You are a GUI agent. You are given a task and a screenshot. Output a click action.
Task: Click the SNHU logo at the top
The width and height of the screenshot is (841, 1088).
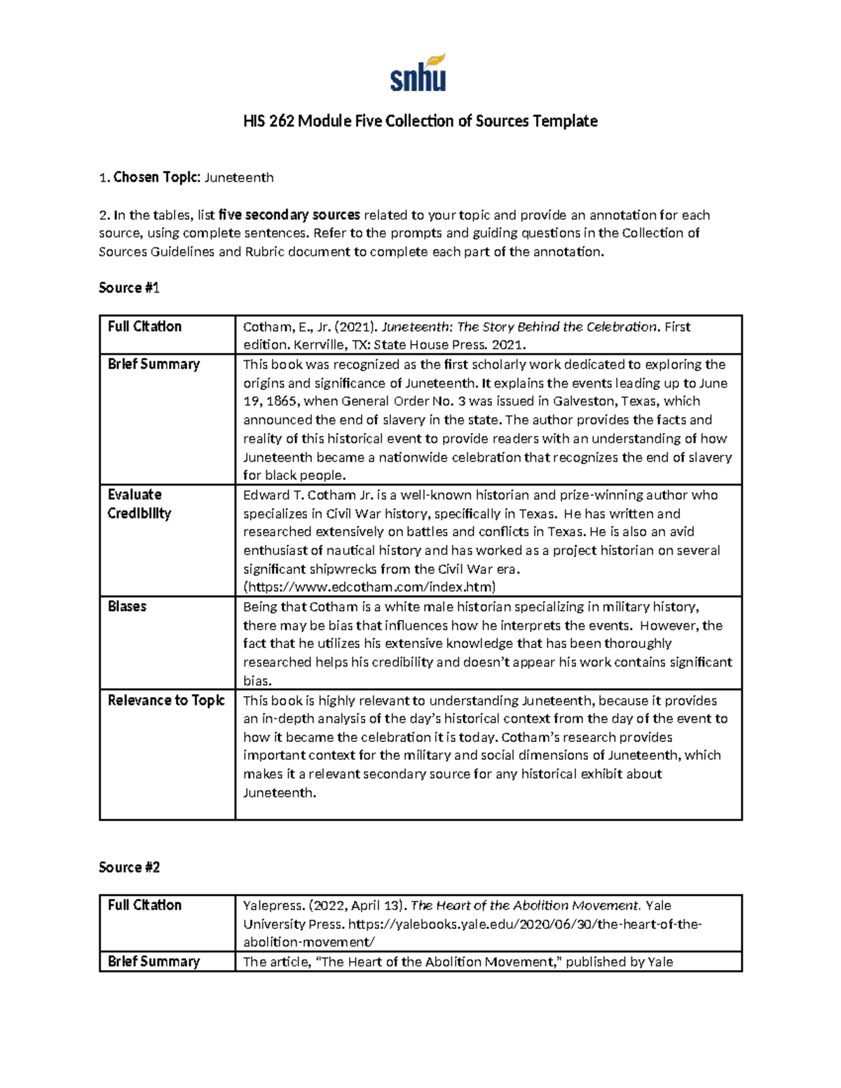[x=418, y=74]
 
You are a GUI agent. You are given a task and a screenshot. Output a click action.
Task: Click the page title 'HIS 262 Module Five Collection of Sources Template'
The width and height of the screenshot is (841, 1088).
[x=420, y=121]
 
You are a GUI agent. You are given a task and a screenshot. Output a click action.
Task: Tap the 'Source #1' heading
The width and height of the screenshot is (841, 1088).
[x=130, y=288]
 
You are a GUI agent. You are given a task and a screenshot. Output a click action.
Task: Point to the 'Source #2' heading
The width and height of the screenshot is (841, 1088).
[x=130, y=867]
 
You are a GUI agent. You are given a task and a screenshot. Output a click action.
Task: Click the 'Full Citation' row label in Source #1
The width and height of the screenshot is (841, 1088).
[x=144, y=326]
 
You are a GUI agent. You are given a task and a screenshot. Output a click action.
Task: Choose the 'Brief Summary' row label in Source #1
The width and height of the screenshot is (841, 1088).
[x=153, y=364]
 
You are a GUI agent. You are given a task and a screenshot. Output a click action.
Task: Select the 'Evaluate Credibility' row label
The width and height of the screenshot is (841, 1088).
[x=139, y=504]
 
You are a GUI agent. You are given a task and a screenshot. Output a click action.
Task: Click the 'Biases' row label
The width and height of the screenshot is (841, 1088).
[x=127, y=607]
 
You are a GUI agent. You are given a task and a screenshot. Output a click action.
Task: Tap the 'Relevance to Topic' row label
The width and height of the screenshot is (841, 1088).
[x=166, y=701]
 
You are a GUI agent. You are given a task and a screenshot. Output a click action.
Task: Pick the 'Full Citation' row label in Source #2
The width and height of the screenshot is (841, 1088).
[x=144, y=905]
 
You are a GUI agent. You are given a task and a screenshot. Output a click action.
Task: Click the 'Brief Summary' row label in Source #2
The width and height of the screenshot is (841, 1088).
[x=153, y=962]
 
